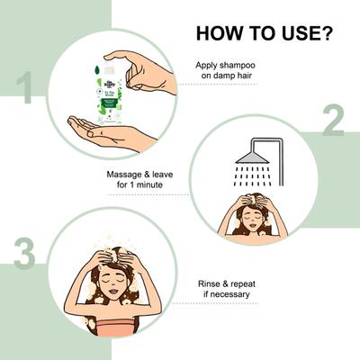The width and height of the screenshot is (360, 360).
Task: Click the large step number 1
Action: click(25, 90)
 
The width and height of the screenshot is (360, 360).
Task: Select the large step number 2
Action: click(334, 120)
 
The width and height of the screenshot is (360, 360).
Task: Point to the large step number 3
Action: click(24, 255)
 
